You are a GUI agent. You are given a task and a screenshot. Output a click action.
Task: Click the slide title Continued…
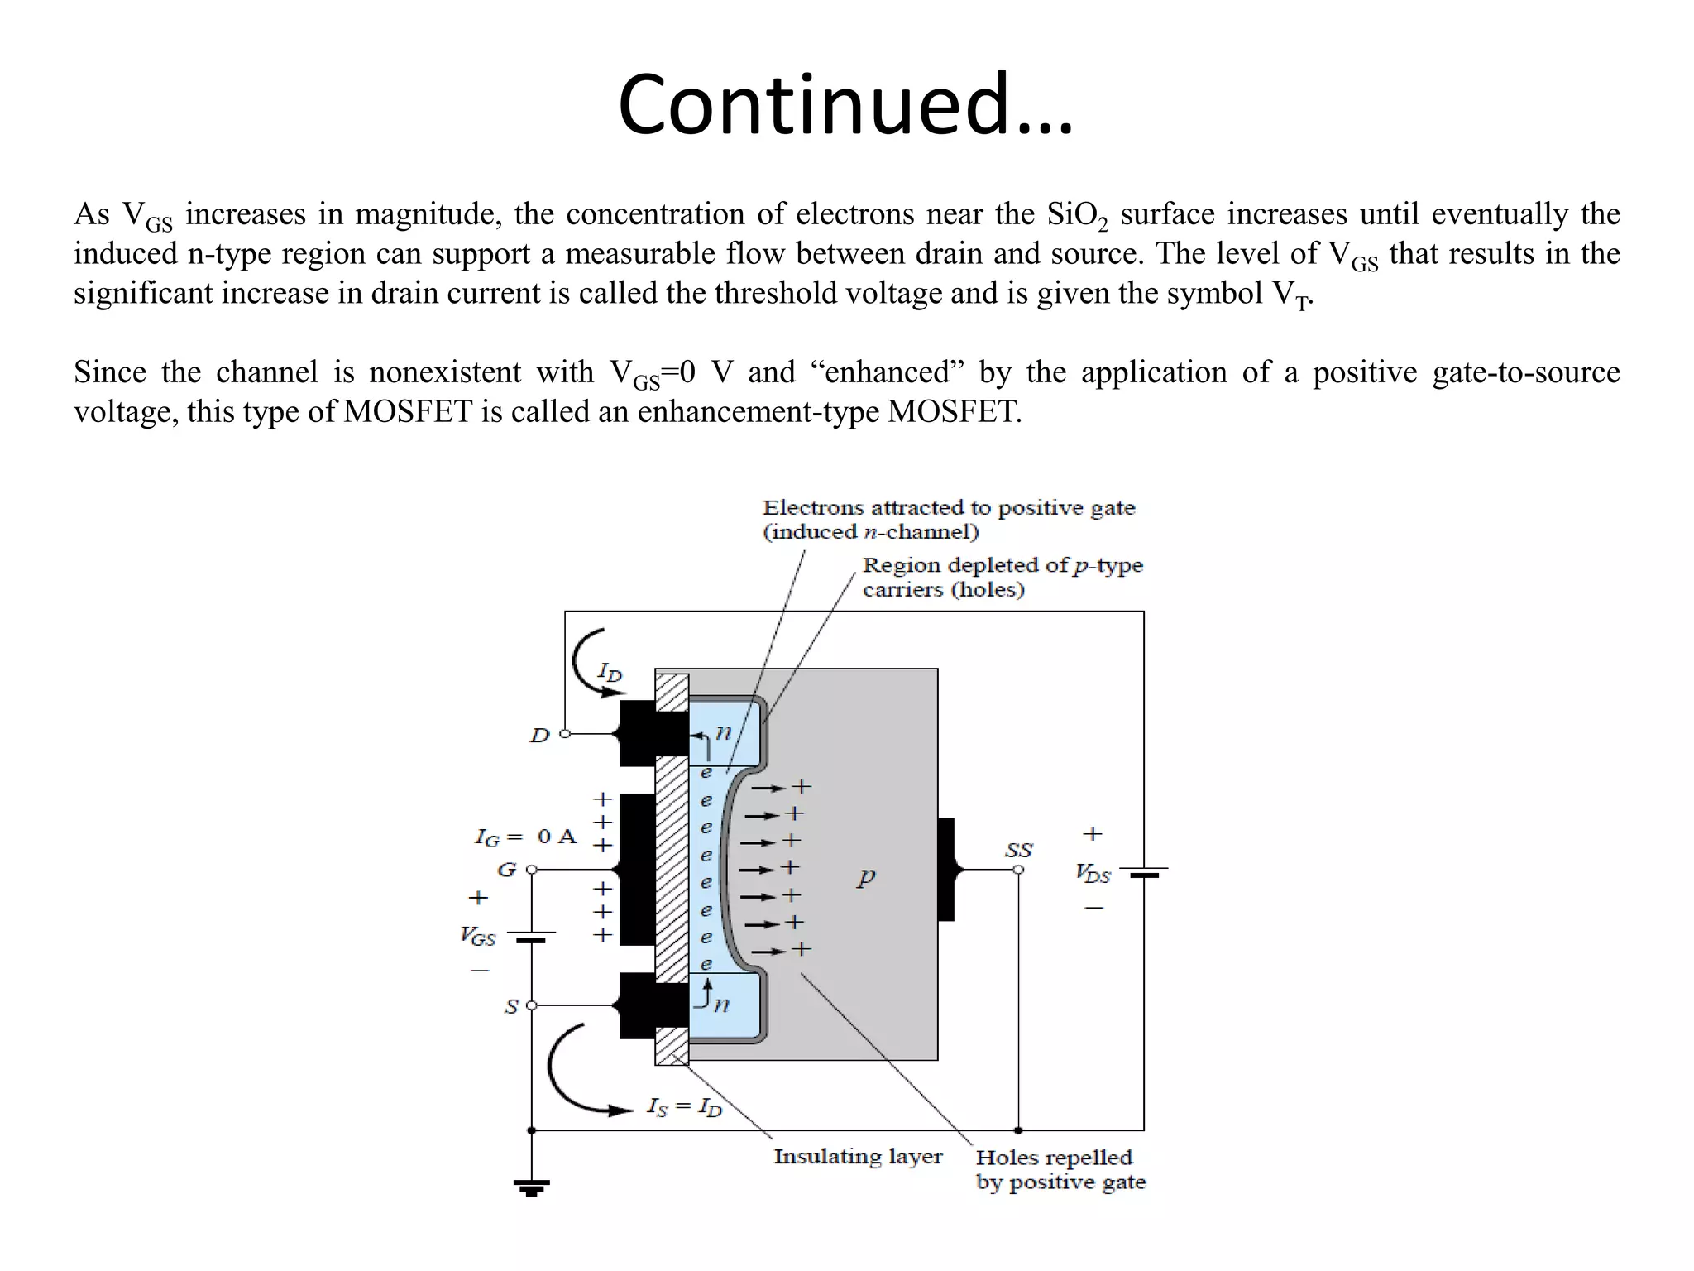click(x=845, y=104)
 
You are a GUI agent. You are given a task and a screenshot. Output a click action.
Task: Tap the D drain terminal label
click(x=539, y=735)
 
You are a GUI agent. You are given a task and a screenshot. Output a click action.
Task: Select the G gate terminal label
click(x=506, y=870)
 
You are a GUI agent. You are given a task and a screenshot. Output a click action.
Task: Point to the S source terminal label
click(x=512, y=1006)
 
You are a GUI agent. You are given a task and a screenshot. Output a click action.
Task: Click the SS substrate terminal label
click(x=1018, y=850)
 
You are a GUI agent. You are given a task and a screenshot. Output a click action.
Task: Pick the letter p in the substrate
click(x=866, y=876)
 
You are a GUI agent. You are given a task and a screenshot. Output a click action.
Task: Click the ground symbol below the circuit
click(x=531, y=1187)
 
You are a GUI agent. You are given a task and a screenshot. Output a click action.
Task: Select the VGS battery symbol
click(x=531, y=937)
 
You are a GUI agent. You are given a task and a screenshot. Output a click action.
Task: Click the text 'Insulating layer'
click(x=858, y=1157)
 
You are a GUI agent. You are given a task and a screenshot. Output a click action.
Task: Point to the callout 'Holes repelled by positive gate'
click(x=1060, y=1169)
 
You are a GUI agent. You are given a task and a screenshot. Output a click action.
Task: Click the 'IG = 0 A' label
click(x=525, y=837)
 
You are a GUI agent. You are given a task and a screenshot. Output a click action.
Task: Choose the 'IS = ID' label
click(x=684, y=1107)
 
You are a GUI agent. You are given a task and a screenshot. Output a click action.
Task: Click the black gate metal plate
click(x=637, y=869)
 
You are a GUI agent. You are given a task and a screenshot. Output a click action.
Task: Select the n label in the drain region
click(x=724, y=732)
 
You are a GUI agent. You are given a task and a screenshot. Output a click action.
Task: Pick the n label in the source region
click(x=721, y=1004)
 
